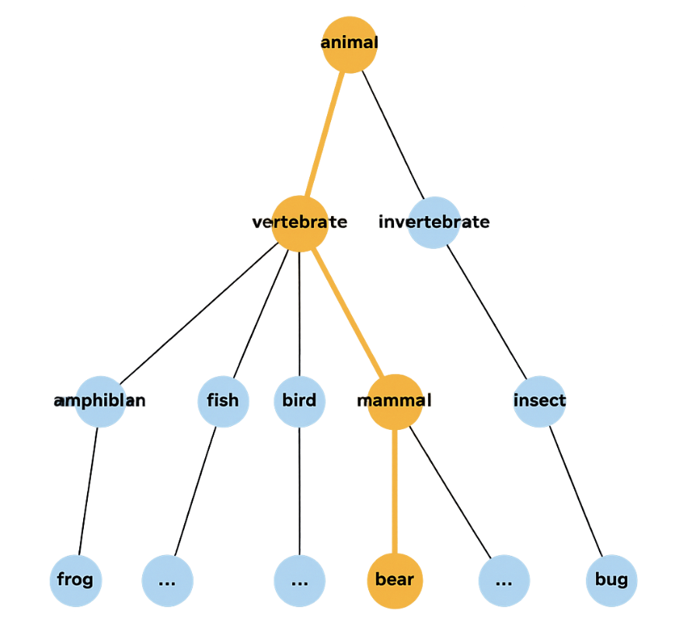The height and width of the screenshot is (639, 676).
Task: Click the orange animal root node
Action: point(350,44)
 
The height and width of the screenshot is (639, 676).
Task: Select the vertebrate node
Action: point(300,223)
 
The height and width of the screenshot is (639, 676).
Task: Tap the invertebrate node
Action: point(434,223)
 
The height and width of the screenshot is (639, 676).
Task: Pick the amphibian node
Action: point(100,401)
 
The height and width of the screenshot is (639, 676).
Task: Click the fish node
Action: point(223,401)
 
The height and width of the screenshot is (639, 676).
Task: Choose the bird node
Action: point(299,401)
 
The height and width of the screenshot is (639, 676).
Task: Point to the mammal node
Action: point(395,401)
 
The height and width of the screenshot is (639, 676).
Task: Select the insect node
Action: point(539,401)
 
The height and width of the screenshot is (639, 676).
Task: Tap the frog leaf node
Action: point(75,580)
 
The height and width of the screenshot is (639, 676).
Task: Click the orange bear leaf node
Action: point(395,580)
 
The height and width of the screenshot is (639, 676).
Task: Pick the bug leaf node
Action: point(612,580)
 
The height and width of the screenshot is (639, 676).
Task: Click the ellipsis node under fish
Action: point(167,580)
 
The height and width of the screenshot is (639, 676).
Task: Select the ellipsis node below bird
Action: point(299,580)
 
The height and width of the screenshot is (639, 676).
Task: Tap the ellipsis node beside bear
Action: point(504,580)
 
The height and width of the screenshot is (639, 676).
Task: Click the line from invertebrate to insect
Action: point(486,312)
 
